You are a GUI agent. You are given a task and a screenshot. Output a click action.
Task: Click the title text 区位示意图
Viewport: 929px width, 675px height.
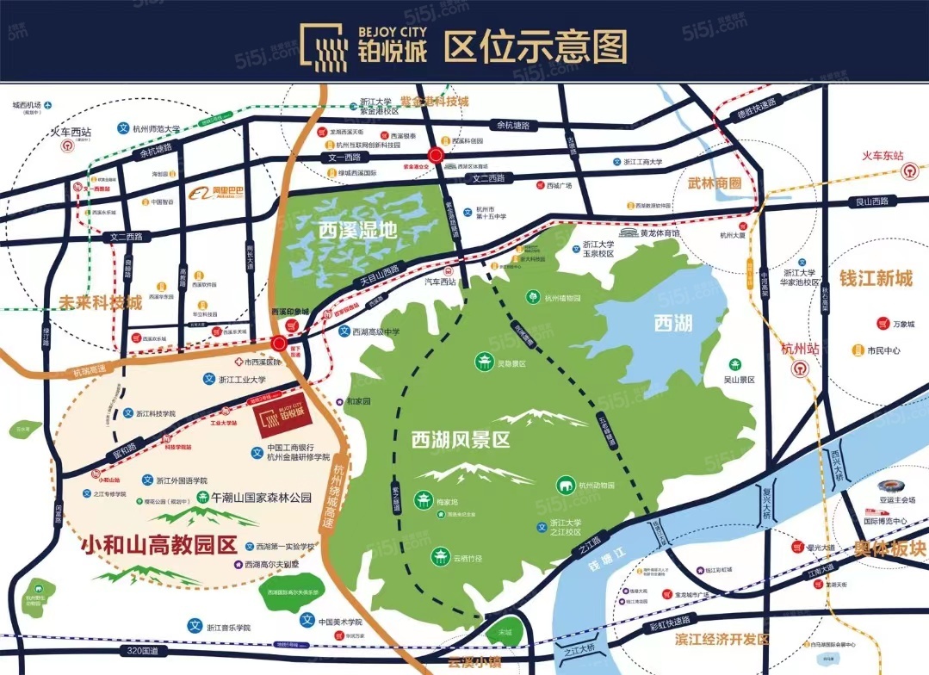535,46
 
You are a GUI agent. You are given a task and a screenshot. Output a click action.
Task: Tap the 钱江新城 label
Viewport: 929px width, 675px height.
875,279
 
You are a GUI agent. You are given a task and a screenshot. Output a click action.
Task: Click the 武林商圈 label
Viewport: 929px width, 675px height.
714,183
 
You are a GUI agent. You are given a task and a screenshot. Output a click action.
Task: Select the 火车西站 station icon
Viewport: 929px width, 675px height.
67,146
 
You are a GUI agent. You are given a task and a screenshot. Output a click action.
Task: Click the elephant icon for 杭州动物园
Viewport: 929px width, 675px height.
566,485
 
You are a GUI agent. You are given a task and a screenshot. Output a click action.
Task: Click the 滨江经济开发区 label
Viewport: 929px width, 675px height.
722,639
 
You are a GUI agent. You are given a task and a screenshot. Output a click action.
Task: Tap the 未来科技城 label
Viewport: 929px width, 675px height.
101,302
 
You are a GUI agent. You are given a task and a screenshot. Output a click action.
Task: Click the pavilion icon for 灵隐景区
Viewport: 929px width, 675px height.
482,362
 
